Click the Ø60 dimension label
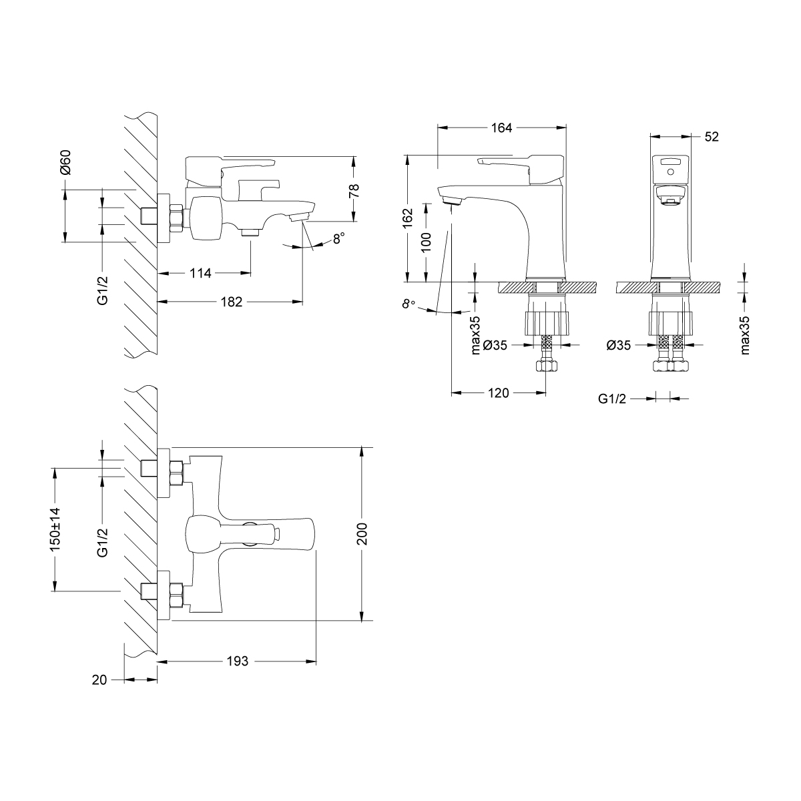[x=65, y=162]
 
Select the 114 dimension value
[x=200, y=273]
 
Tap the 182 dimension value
[x=231, y=302]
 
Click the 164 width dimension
[x=501, y=128]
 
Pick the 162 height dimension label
[x=408, y=219]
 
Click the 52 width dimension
[x=711, y=137]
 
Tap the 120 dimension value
[x=498, y=393]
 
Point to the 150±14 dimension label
[x=55, y=529]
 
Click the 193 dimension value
[x=237, y=661]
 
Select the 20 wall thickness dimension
[x=99, y=680]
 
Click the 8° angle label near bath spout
[x=339, y=237]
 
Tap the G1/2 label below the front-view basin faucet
[x=612, y=398]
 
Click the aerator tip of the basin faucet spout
[x=452, y=198]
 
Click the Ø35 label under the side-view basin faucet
[x=619, y=345]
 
